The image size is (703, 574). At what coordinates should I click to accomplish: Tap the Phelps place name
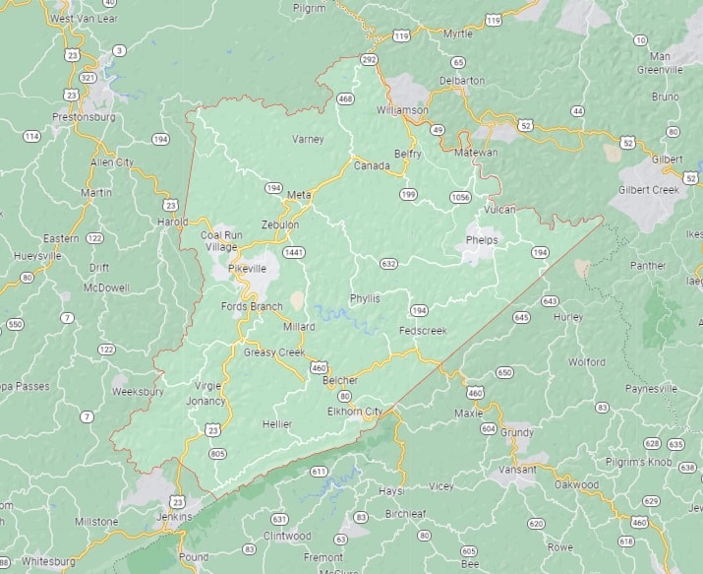coord(482,239)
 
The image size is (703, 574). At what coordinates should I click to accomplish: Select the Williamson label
coord(402,110)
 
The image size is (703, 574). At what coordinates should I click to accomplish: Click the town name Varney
coord(308,139)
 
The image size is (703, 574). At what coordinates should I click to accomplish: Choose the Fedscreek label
coord(423,331)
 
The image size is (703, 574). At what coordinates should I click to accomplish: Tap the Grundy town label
coord(517,432)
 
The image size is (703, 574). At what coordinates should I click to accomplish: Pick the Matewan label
coord(476,153)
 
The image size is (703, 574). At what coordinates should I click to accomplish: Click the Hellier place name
coord(277,423)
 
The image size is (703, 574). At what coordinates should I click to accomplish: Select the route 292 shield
coord(369,60)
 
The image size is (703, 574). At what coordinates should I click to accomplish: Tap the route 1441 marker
coord(293,253)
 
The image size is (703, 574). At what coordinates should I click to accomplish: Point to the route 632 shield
coord(389,264)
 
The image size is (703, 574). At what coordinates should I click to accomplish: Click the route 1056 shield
coord(460,197)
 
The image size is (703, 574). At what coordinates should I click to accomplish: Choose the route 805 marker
coord(217,453)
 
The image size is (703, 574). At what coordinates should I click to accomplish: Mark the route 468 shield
coord(345,98)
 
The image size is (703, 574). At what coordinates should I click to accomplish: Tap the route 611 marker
coord(319,472)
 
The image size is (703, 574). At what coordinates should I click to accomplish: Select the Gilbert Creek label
coord(649,189)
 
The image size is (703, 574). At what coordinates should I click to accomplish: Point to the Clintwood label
coord(287,537)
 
